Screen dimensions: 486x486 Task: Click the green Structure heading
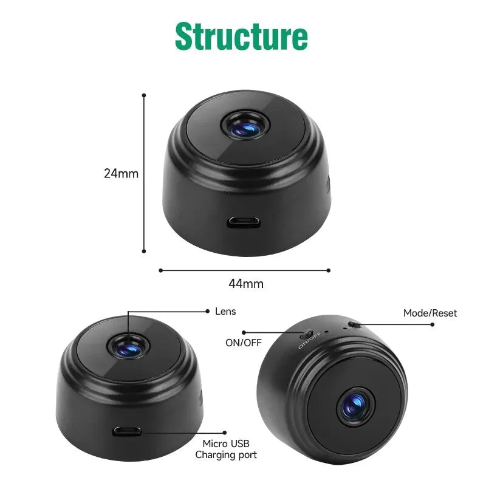point(241,36)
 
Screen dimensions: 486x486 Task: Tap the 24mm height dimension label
point(121,174)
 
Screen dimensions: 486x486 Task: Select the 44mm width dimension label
point(246,284)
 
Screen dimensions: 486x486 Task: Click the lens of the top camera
point(245,125)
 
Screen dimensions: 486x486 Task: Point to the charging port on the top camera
point(244,222)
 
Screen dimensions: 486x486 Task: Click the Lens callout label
point(225,312)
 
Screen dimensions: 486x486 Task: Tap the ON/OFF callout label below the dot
point(244,343)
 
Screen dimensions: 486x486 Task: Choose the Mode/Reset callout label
point(430,313)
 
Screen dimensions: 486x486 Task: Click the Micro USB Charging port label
point(226,449)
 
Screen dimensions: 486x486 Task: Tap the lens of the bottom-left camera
point(128,347)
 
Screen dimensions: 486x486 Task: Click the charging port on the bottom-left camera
point(127,431)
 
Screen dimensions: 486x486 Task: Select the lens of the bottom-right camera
point(355,406)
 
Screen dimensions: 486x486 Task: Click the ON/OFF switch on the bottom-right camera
point(306,334)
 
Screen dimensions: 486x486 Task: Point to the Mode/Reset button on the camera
point(354,325)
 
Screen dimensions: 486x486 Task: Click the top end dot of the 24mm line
point(144,95)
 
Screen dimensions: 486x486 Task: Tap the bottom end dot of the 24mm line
point(144,251)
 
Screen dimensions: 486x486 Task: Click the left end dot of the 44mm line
point(160,270)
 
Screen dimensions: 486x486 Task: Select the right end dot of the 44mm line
point(329,270)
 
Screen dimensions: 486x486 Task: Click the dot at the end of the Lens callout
point(208,311)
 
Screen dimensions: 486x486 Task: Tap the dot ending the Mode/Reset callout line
point(433,324)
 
